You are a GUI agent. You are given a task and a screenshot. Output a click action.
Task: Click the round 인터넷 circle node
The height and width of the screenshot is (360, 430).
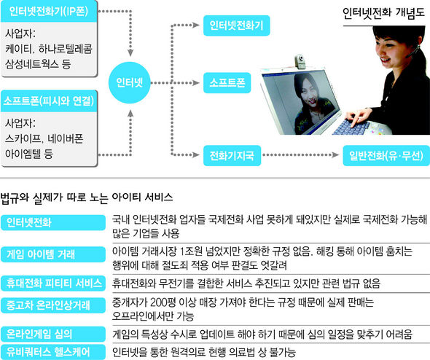click(x=130, y=82)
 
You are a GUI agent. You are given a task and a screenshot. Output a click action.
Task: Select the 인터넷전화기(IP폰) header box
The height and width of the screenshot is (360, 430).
click(x=49, y=11)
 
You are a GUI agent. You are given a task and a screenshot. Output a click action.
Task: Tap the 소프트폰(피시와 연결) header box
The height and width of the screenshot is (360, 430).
click(x=49, y=101)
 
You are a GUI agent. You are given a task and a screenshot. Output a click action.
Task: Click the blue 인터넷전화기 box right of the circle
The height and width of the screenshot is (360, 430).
click(x=236, y=26)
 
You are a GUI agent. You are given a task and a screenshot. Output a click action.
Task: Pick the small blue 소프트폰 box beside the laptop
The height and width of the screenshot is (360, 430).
click(x=227, y=83)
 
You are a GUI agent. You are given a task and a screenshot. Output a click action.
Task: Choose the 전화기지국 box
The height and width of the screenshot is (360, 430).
click(x=232, y=155)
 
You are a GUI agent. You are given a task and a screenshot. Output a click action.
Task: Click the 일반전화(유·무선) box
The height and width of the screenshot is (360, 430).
click(x=386, y=155)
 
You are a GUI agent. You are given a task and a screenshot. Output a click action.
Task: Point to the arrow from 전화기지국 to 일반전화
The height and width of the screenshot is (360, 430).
click(x=300, y=155)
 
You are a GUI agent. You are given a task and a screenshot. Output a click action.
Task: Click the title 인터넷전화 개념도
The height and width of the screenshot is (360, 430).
click(x=383, y=13)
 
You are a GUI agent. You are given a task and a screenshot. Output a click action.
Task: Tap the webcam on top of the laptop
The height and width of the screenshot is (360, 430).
click(x=300, y=61)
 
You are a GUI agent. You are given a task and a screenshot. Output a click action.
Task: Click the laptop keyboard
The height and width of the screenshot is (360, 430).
click(x=352, y=127)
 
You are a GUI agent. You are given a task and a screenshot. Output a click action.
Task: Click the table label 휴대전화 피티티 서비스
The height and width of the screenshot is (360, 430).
click(x=53, y=283)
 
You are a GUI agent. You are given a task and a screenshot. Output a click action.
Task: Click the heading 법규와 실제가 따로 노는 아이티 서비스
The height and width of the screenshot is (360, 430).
click(x=87, y=197)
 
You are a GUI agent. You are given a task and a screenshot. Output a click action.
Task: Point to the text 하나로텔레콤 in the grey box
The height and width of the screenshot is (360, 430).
click(x=66, y=49)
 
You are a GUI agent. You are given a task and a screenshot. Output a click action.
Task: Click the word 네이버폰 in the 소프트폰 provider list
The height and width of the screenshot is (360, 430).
click(x=66, y=138)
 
